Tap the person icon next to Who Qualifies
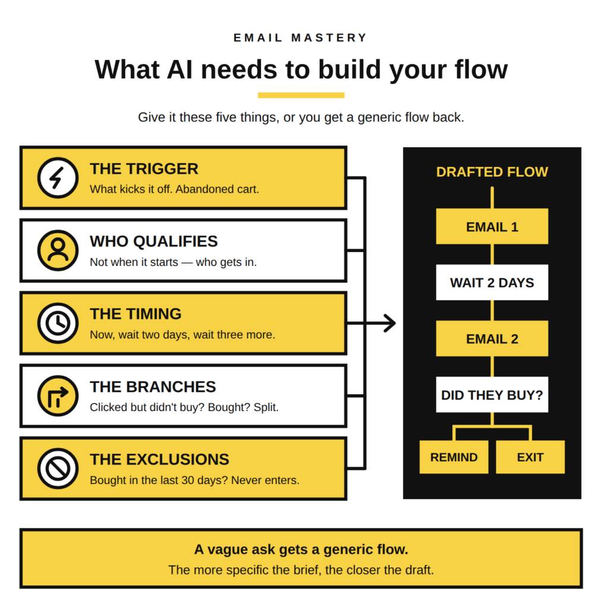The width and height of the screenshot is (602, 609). point(58,250)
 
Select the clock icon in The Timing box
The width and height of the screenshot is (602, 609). point(58,323)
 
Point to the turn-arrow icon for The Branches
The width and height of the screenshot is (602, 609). point(58,395)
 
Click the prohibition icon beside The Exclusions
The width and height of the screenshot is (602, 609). point(58,469)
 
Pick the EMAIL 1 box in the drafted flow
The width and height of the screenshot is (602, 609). point(492,227)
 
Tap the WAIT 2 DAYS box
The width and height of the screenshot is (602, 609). point(492,282)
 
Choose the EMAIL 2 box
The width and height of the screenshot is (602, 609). point(492,338)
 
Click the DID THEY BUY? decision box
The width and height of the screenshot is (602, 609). point(492,395)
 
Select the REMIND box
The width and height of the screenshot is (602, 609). point(454,457)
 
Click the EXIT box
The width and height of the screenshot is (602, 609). point(530,457)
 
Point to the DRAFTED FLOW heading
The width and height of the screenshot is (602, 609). point(492,172)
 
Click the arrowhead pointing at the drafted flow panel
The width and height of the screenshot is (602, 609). point(390,323)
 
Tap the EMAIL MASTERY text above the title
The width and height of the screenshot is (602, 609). point(301,37)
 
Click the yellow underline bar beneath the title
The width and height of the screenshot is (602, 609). point(301,95)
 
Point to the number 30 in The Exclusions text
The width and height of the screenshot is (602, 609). point(187,480)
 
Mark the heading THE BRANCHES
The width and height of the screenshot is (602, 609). point(153,387)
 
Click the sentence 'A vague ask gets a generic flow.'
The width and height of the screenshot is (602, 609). point(301,549)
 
